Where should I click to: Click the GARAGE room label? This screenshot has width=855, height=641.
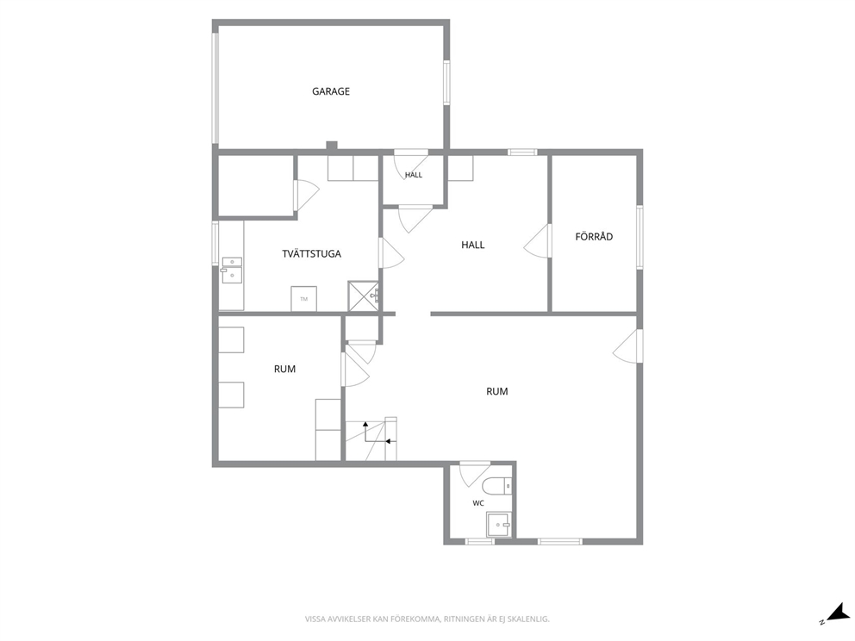tap(330, 91)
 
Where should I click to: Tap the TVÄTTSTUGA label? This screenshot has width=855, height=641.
tap(311, 253)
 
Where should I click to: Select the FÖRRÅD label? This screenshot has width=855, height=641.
tap(594, 237)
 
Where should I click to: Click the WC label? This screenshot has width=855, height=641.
tap(478, 503)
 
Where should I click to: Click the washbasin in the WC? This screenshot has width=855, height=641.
tap(499, 525)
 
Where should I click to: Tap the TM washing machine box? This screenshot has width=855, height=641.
tap(303, 299)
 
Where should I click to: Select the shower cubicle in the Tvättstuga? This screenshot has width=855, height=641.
tap(363, 296)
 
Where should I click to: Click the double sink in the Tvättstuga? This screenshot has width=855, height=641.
tap(233, 270)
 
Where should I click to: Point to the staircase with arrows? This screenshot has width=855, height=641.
tap(371, 439)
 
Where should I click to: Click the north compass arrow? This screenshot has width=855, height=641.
tap(834, 613)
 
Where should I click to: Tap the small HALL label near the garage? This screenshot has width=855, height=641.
tap(414, 175)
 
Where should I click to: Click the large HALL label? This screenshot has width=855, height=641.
tap(473, 245)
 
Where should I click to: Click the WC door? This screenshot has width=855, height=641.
tap(472, 474)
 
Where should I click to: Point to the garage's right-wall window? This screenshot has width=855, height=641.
tap(446, 83)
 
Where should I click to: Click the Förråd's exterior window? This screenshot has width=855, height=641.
tap(640, 237)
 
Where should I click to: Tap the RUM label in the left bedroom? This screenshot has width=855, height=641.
tap(284, 369)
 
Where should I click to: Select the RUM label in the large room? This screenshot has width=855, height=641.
tap(496, 391)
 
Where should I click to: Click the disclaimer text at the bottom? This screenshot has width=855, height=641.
tap(427, 619)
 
